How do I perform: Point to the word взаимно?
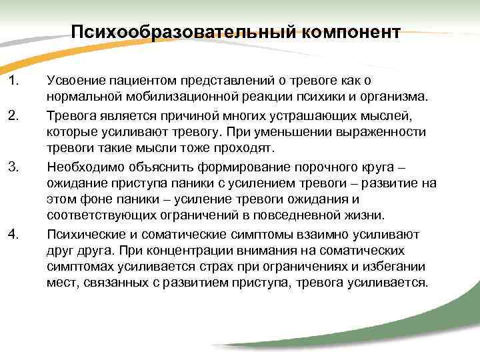[x=308, y=233]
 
